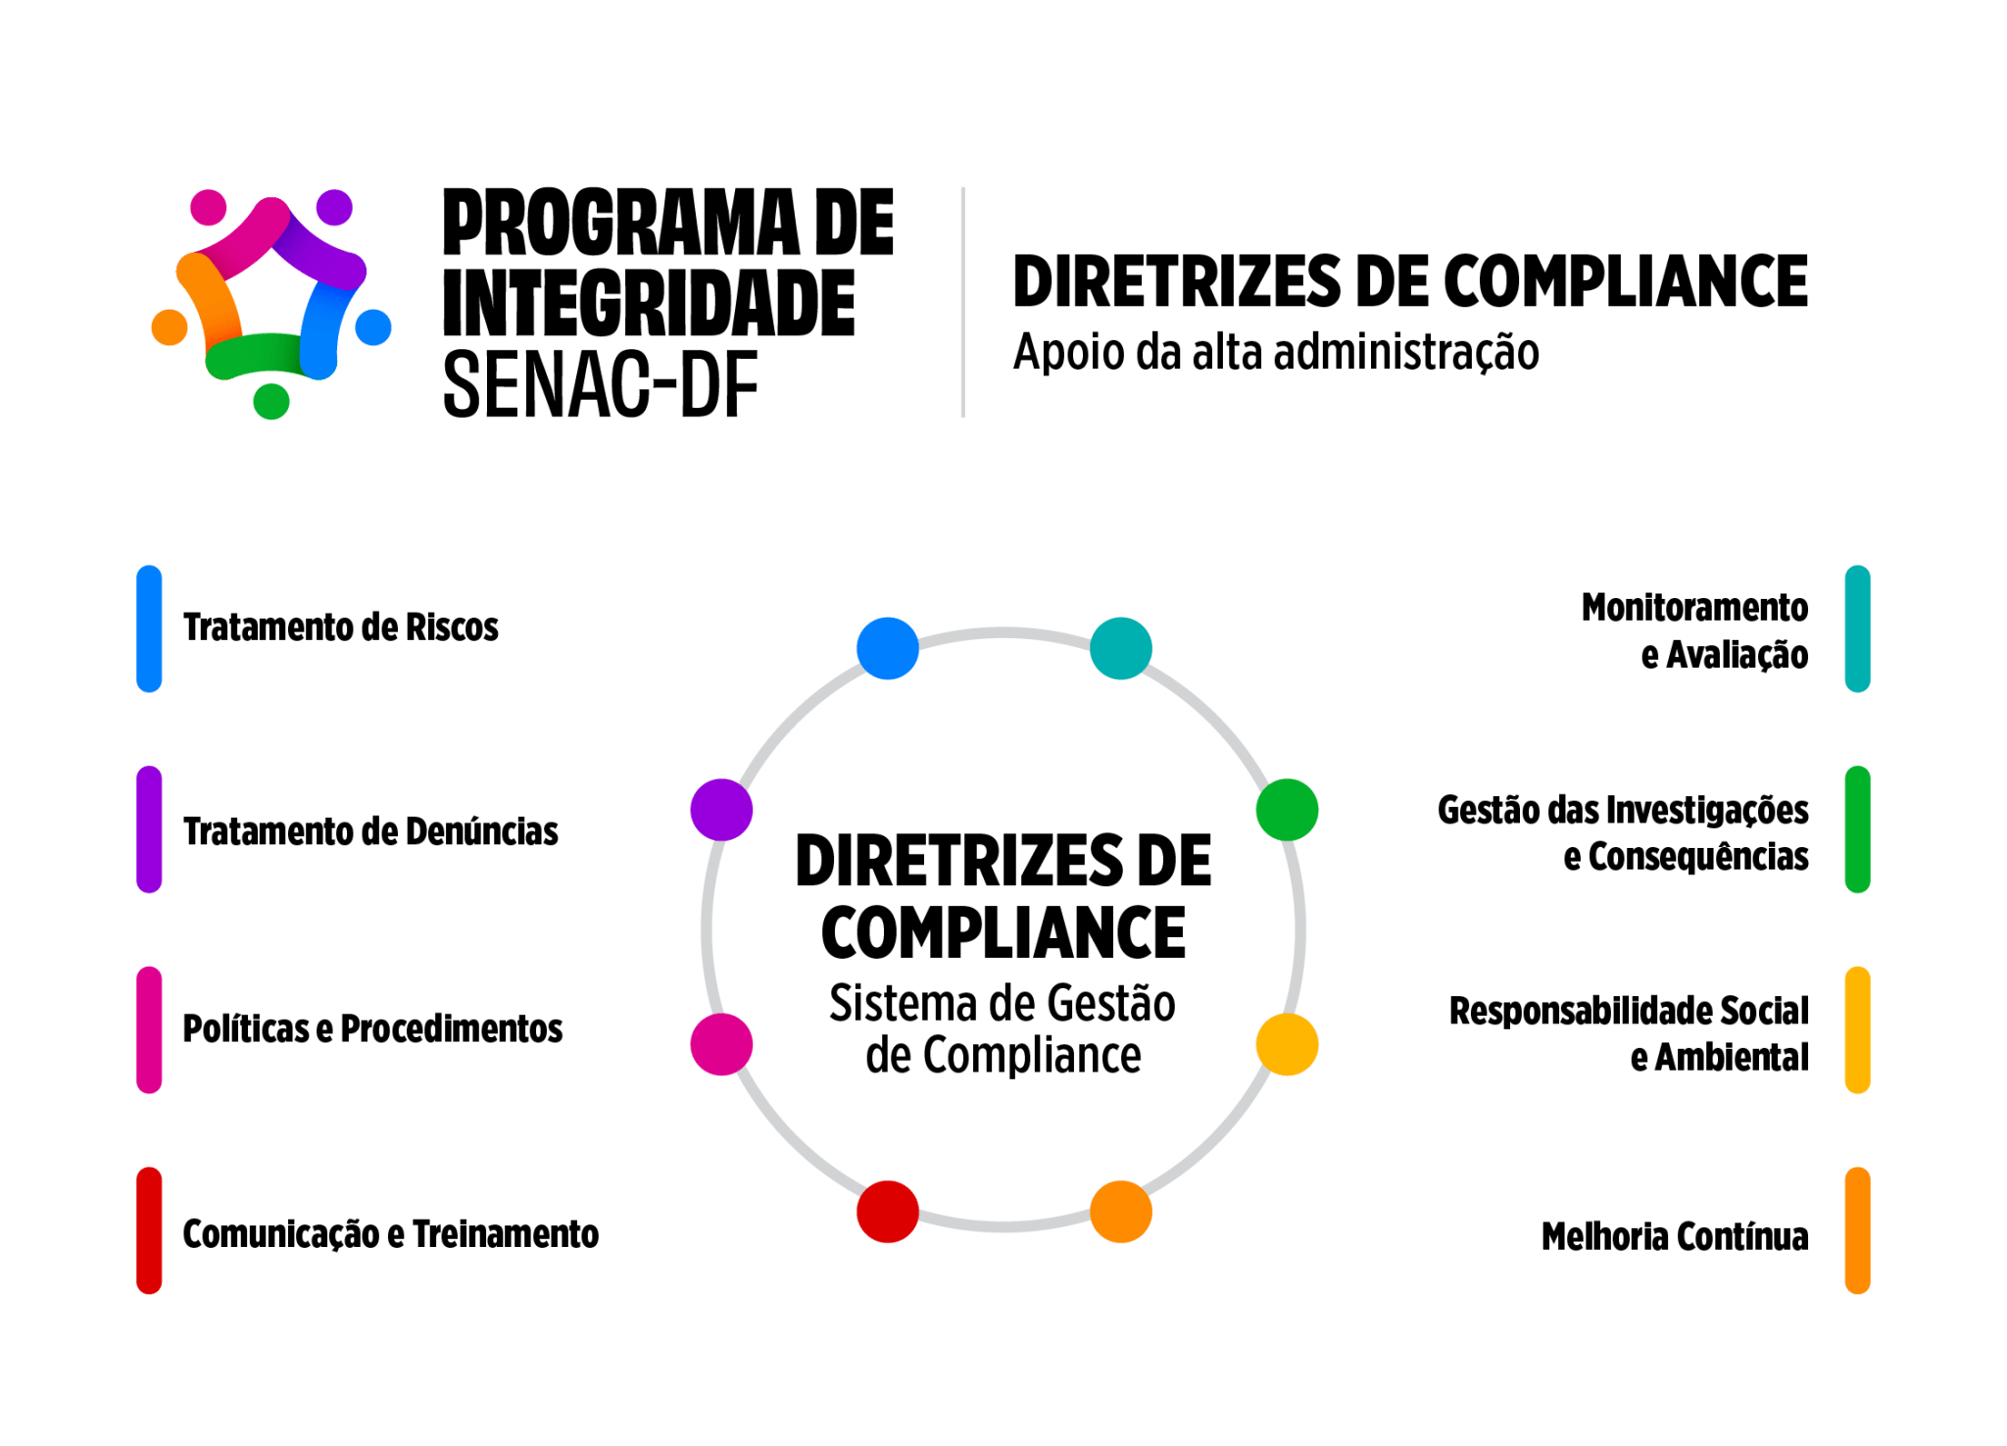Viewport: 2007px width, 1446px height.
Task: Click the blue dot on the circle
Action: coord(887,648)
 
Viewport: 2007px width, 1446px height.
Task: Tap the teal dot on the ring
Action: coord(1121,648)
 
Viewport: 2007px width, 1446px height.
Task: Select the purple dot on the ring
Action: coord(721,810)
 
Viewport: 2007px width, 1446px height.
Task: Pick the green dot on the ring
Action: coord(1287,810)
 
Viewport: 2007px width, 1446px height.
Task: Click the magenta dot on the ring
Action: coord(721,1044)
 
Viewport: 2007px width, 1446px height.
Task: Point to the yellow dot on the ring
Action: coord(1287,1044)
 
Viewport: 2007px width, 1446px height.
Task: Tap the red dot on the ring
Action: coord(887,1211)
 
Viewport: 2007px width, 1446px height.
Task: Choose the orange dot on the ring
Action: coord(1121,1211)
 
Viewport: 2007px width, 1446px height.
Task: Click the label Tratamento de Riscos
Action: coord(340,627)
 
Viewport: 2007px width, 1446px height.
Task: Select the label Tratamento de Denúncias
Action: coord(370,831)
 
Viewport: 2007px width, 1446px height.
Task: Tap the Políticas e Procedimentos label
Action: coord(372,1028)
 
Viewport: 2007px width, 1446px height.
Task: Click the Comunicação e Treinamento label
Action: coord(390,1233)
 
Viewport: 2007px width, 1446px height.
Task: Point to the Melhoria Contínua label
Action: coord(1674,1236)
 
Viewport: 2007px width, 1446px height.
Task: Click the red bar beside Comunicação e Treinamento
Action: coord(149,1230)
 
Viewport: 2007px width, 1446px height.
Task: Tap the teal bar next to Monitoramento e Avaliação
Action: coord(1857,628)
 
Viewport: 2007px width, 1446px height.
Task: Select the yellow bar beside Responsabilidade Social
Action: coord(1857,1030)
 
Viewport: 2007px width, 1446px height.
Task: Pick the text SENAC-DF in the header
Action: coord(601,385)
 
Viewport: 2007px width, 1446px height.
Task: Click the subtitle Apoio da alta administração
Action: coord(1276,353)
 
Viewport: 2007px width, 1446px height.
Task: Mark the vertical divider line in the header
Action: coord(963,302)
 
